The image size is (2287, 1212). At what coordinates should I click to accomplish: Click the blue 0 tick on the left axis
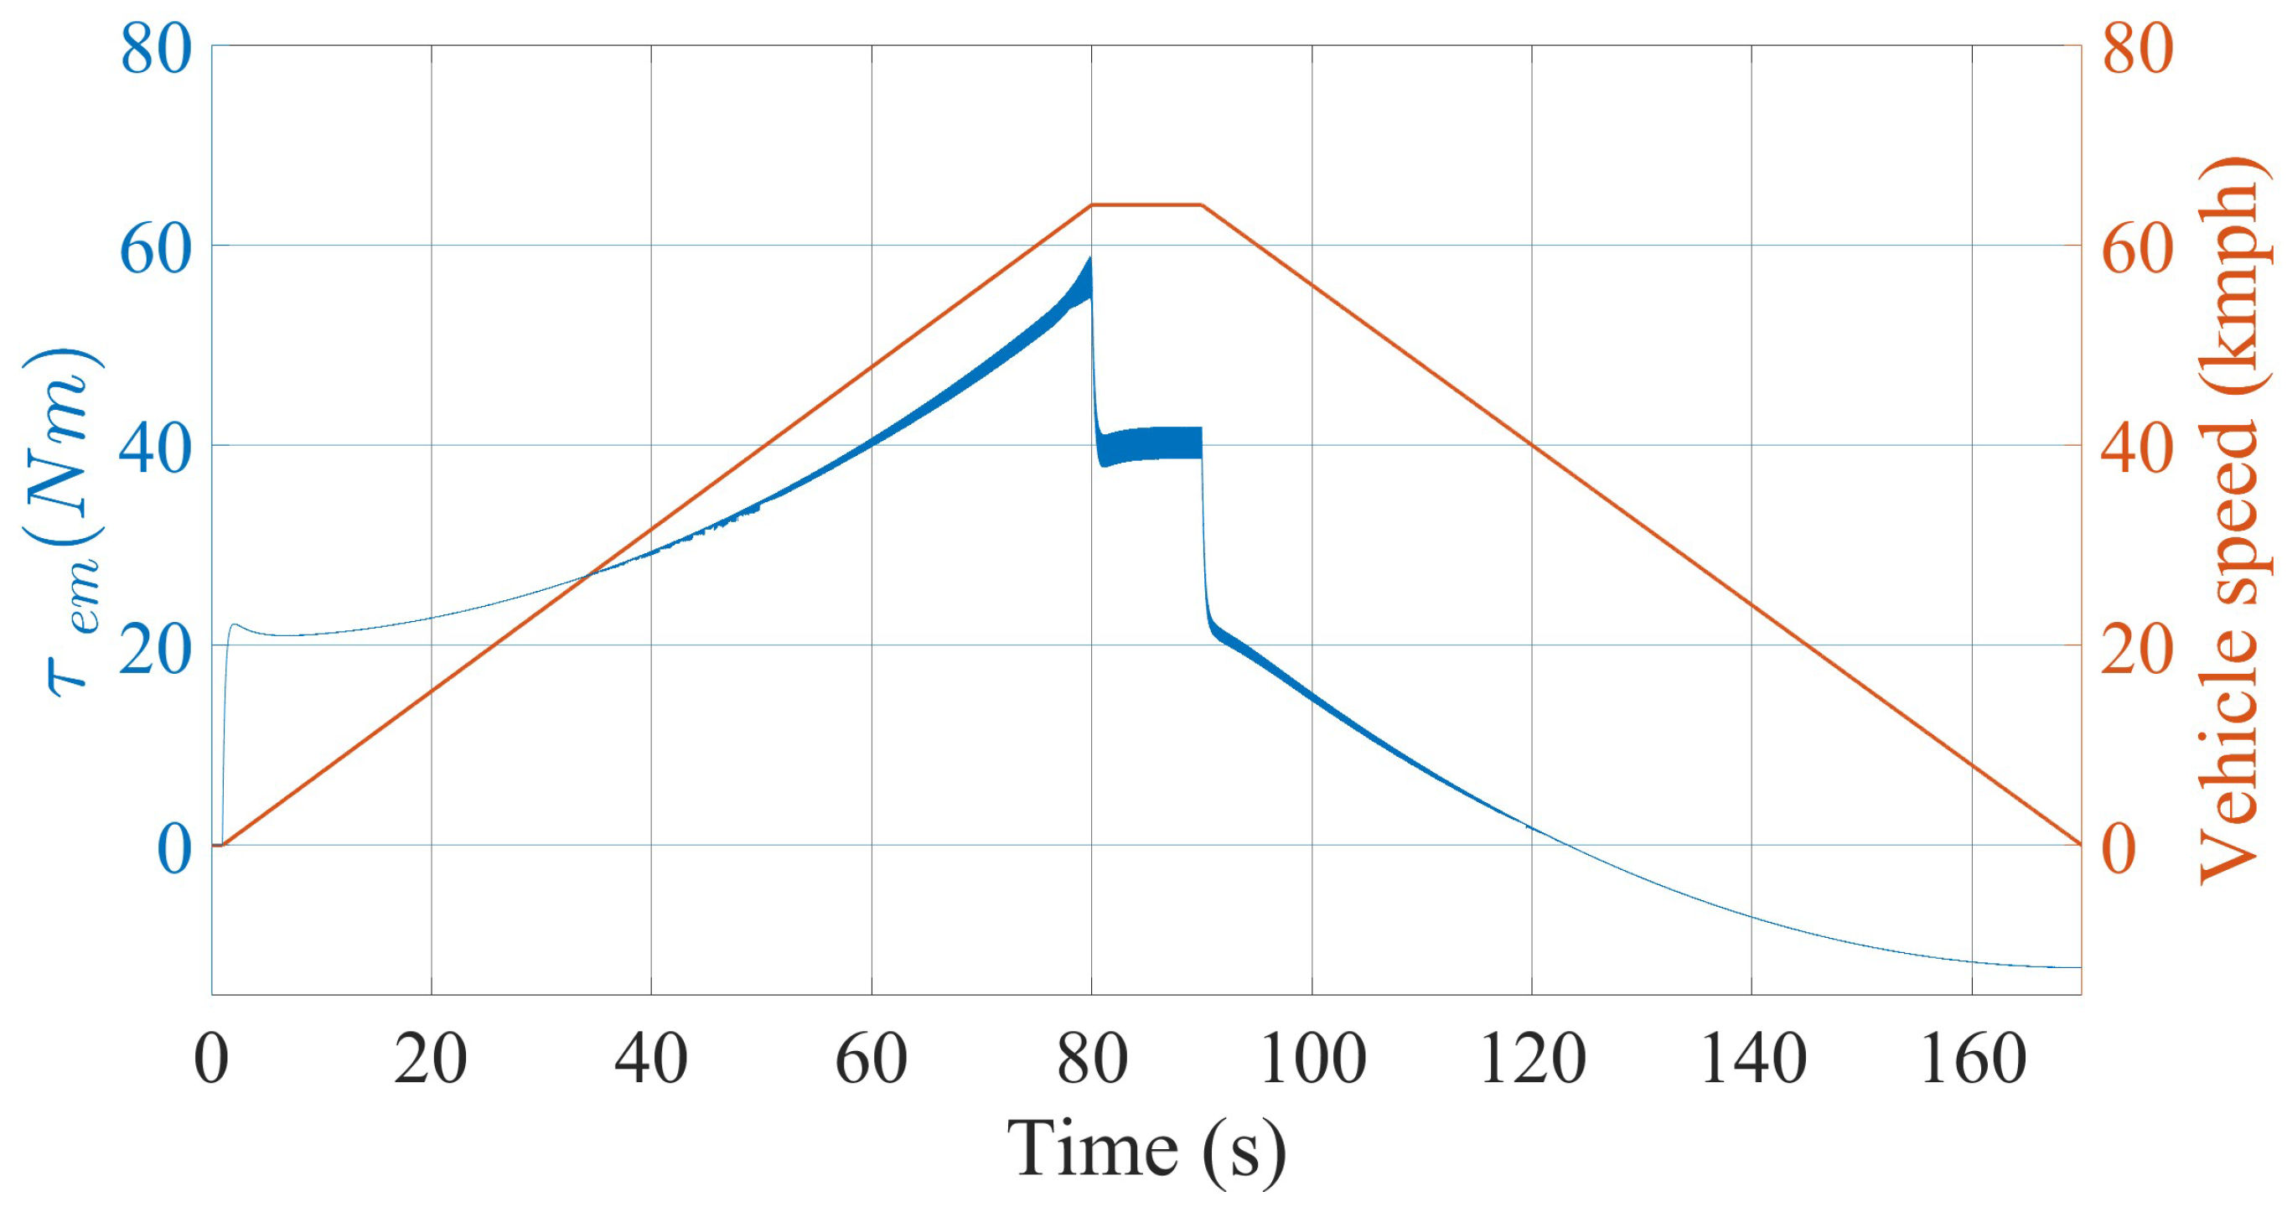point(174,849)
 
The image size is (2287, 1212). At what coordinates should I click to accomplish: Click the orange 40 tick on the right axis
point(2137,449)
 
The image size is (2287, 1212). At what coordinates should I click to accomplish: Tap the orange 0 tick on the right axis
point(2119,849)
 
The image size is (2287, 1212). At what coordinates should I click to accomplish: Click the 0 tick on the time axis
point(211,1059)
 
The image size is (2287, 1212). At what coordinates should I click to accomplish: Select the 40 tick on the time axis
point(651,1059)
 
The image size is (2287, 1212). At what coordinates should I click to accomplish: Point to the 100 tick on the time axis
point(1312,1059)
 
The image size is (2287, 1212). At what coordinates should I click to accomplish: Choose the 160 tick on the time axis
point(1972,1059)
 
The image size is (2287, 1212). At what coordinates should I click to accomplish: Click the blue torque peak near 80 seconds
point(1089,261)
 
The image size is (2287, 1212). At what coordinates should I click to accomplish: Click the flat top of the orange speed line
point(1146,205)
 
